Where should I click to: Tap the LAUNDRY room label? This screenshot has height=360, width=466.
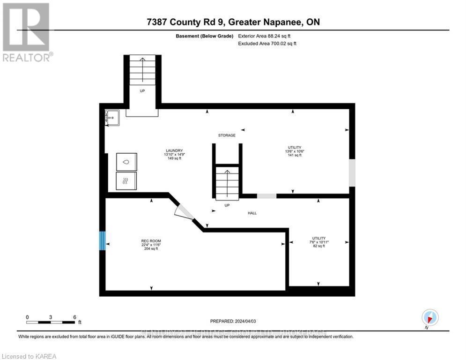[x=173, y=150]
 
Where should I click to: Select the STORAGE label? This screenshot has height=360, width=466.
[x=227, y=135]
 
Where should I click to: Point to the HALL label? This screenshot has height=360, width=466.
[x=252, y=213]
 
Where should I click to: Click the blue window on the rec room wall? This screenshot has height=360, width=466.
[x=102, y=240]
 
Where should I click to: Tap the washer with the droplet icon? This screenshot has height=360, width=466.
[x=126, y=161]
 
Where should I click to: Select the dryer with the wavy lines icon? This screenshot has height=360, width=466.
[x=126, y=180]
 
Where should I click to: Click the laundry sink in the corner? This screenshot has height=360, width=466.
[x=112, y=117]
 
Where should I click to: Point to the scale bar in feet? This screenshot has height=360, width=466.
[x=51, y=322]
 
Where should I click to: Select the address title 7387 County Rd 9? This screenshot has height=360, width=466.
[x=232, y=22]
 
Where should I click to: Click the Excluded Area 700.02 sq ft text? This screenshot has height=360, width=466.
[x=267, y=44]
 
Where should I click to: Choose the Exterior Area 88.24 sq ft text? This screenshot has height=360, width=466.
[x=267, y=36]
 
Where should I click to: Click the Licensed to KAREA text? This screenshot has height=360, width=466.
[x=29, y=356]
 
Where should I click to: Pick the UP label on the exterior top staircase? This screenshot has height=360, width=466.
[x=142, y=91]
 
